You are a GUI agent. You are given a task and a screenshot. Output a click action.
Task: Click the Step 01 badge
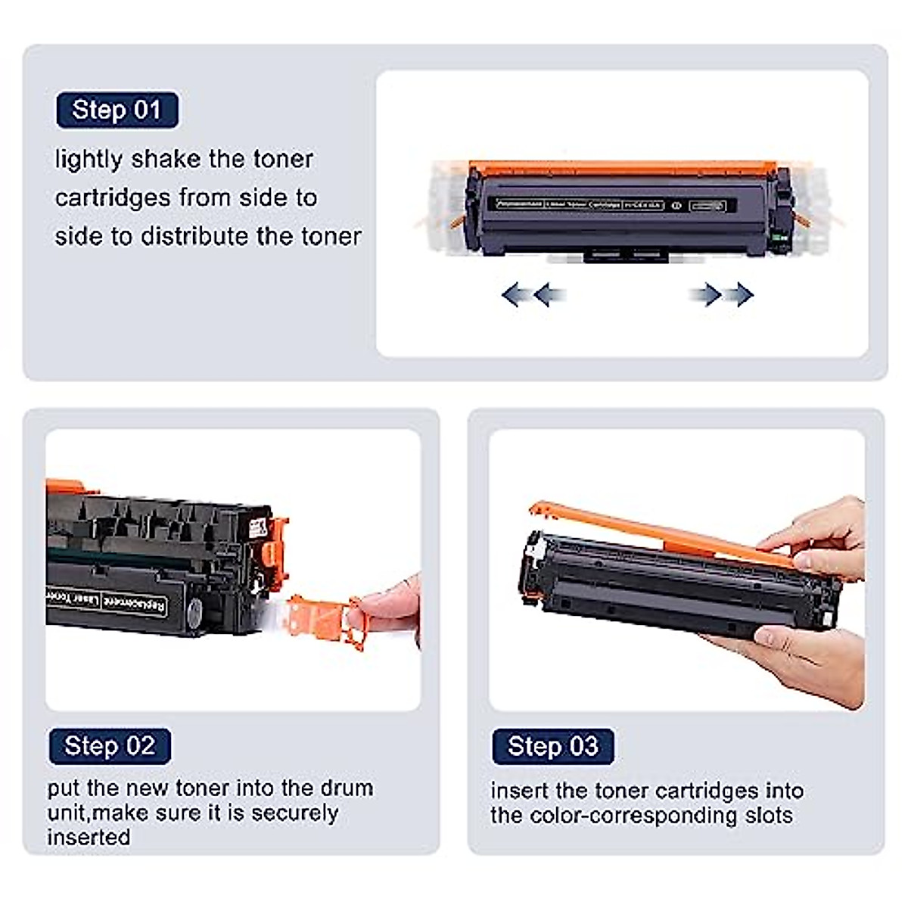pyautogui.click(x=117, y=110)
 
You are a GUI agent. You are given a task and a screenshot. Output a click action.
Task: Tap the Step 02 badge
pyautogui.click(x=110, y=746)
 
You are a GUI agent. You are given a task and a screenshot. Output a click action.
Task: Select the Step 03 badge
pyautogui.click(x=552, y=747)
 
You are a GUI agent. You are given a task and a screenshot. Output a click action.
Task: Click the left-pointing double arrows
pyautogui.click(x=533, y=294)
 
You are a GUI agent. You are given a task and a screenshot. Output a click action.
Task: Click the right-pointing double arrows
pyautogui.click(x=721, y=294)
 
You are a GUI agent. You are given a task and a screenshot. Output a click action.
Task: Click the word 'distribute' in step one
pyautogui.click(x=194, y=236)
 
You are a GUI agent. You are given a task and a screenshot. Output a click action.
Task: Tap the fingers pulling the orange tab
pyautogui.click(x=390, y=605)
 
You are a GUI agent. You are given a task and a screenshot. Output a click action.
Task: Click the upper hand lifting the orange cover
pyautogui.click(x=817, y=537)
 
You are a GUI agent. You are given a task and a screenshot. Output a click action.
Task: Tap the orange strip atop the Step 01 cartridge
pyautogui.click(x=620, y=168)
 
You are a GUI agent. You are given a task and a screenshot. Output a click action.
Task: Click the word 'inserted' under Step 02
pyautogui.click(x=89, y=838)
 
